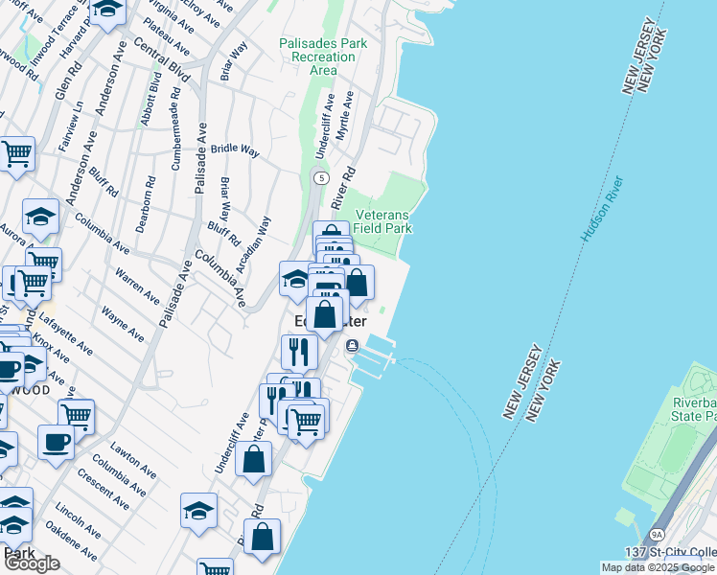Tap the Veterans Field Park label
point(382,222)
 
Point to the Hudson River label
point(601,207)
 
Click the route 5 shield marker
point(320,178)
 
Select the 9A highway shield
point(657,535)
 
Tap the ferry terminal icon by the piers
point(353,346)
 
